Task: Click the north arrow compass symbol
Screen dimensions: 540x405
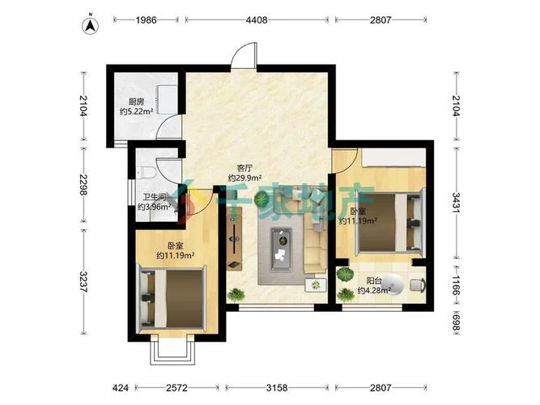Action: [x=90, y=26]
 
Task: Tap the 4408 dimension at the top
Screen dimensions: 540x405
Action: [x=257, y=20]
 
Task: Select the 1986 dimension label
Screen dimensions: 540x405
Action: [x=146, y=20]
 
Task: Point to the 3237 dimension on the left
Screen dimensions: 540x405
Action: [x=83, y=282]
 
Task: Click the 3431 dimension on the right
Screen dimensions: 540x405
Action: [x=456, y=203]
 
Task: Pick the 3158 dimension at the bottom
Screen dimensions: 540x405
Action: [x=277, y=388]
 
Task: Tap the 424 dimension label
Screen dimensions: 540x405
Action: [x=121, y=388]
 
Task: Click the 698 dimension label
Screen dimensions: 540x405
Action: [x=456, y=322]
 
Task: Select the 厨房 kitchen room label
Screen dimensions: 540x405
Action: [x=136, y=102]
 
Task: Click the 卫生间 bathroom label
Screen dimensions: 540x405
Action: [x=155, y=197]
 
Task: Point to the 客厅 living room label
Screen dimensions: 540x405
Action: [x=244, y=168]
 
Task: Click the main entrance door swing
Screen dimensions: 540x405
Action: [x=244, y=54]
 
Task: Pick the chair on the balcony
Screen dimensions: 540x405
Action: [x=418, y=284]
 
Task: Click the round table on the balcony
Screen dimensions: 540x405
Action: [x=393, y=284]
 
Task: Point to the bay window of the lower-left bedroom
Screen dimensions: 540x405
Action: [x=172, y=350]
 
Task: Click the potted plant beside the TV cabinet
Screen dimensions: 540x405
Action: [x=236, y=296]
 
